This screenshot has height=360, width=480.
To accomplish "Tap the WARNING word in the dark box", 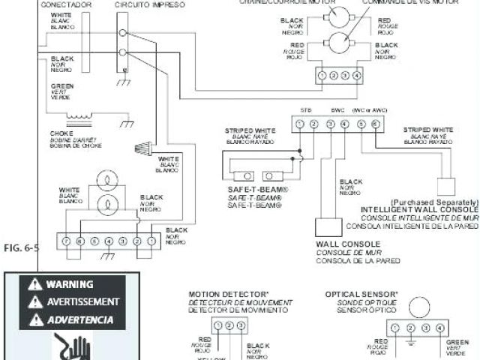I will click(70, 284).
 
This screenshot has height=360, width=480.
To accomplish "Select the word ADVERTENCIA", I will click(80, 319).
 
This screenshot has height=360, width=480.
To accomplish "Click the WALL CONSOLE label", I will click(348, 244).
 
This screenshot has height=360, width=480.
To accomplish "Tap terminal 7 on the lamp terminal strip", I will click(66, 241).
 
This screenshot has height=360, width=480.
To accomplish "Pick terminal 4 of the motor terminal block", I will click(357, 76).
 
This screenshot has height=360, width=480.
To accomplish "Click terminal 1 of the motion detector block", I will click(217, 325).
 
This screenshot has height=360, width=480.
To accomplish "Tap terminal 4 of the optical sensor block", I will click(439, 328).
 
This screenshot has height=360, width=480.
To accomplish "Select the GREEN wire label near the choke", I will click(62, 87).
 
